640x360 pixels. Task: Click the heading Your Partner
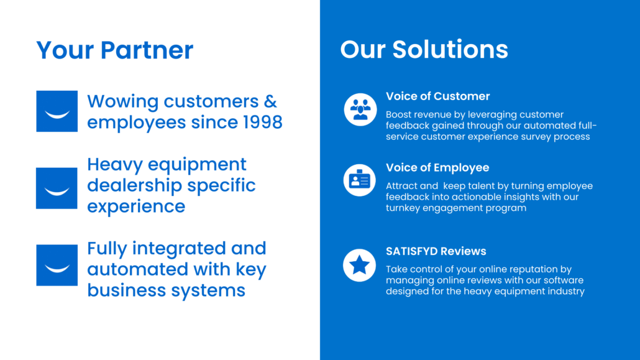(x=115, y=50)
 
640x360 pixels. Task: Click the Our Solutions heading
(x=424, y=50)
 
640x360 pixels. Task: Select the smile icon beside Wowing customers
(x=57, y=111)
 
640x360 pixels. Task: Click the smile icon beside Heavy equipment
(x=57, y=188)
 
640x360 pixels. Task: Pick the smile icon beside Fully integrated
(x=57, y=265)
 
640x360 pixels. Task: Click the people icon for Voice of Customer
(x=360, y=109)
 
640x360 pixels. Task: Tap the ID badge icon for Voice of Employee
(x=360, y=180)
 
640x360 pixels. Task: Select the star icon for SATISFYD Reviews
(x=360, y=265)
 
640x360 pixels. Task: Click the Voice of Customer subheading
(x=437, y=96)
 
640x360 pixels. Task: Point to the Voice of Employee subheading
(x=437, y=167)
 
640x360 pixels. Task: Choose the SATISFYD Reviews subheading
(x=436, y=251)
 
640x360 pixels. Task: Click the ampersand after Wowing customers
(x=270, y=101)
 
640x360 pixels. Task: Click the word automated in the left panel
(x=137, y=269)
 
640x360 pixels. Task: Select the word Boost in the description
(x=396, y=114)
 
